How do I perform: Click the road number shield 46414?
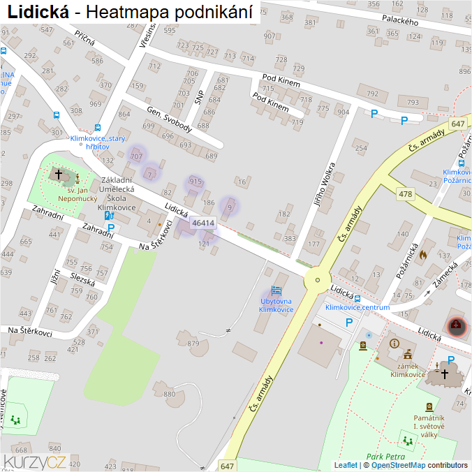pyautogui.click(x=203, y=223)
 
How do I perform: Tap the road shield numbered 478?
pyautogui.click(x=404, y=193)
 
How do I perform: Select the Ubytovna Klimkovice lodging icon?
pyautogui.click(x=276, y=290)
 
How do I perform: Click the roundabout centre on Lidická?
pyautogui.click(x=317, y=280)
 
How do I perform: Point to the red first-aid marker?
pyautogui.click(x=457, y=325)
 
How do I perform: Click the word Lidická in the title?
pyautogui.click(x=38, y=12)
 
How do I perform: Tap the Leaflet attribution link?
pyautogui.click(x=346, y=465)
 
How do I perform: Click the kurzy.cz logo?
pyautogui.click(x=35, y=461)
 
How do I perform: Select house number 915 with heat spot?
pyautogui.click(x=196, y=182)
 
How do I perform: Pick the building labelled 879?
pyautogui.click(x=193, y=343)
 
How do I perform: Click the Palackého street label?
pyautogui.click(x=400, y=22)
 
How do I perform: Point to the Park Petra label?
pyautogui.click(x=384, y=455)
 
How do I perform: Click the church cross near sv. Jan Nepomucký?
pyautogui.click(x=59, y=173)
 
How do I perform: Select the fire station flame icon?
pyautogui.click(x=422, y=256)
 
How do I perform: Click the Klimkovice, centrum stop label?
pyautogui.click(x=357, y=307)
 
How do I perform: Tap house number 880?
pyautogui.click(x=170, y=394)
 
